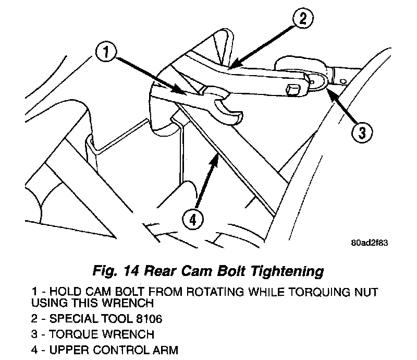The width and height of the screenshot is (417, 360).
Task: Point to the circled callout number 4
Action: tap(193, 220)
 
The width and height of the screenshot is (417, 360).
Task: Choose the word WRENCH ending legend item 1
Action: tap(138, 302)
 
